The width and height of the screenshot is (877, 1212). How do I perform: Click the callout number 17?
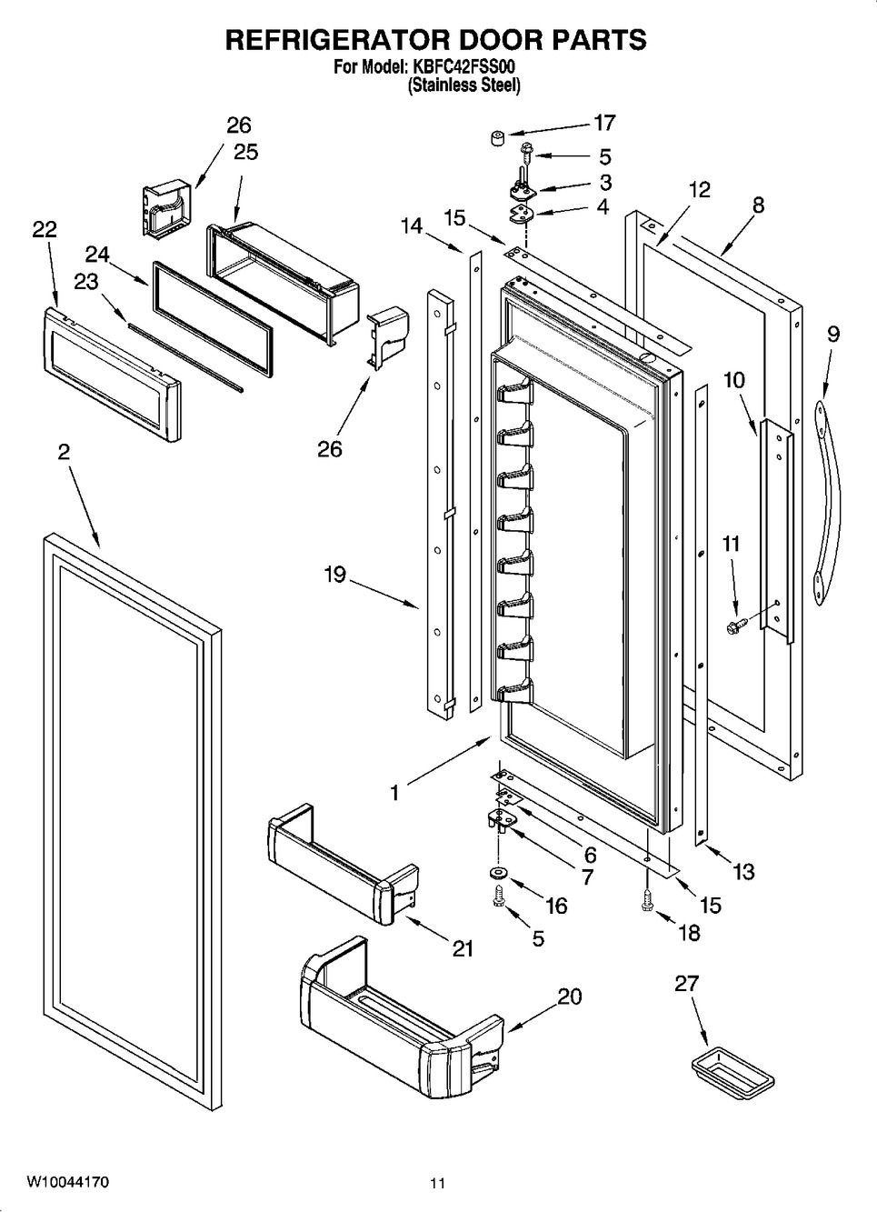[x=603, y=122]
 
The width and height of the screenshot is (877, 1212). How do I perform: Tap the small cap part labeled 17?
[x=497, y=138]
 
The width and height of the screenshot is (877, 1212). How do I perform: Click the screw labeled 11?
[x=735, y=626]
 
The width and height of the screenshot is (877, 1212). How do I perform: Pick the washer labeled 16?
[x=500, y=875]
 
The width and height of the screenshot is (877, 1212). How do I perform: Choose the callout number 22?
[x=44, y=230]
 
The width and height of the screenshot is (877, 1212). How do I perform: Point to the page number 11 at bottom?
[x=438, y=1184]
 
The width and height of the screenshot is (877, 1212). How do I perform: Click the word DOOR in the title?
[x=472, y=40]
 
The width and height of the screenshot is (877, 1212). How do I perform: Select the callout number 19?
[x=335, y=575]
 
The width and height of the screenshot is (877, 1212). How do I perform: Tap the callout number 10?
[x=734, y=379]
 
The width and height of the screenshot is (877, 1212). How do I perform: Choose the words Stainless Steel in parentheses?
[x=463, y=85]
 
